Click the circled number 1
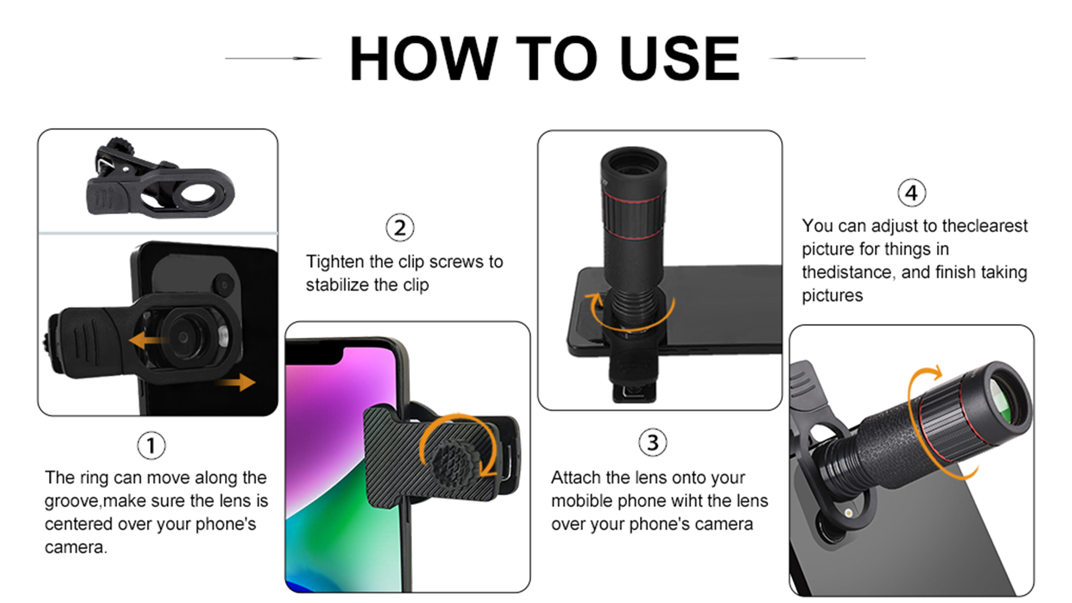pos(151,446)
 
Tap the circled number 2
pos(400,228)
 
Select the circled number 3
pos(653,443)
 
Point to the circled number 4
pos(911,193)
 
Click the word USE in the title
pos(679,59)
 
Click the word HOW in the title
pos(423,59)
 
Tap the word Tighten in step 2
pos(335,262)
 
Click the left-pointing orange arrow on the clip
pos(144,339)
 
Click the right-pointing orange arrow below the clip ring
pos(237,382)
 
